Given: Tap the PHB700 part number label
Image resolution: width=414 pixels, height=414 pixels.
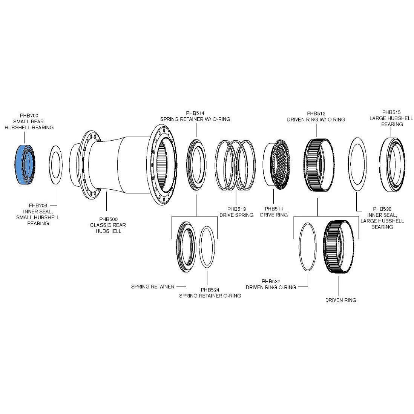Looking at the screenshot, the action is click(29, 116).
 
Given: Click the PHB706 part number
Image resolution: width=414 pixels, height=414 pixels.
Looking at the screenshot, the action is click(38, 205).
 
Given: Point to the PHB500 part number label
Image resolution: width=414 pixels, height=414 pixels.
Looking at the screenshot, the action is click(108, 219).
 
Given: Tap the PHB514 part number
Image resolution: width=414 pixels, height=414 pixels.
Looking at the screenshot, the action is click(195, 113).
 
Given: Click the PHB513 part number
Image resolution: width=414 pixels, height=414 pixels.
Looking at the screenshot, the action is click(236, 209).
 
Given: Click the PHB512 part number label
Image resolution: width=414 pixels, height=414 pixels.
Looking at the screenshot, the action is click(316, 113).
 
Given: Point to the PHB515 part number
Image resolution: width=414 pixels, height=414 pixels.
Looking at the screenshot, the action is click(391, 112).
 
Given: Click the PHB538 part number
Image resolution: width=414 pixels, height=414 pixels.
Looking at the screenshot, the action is click(382, 209).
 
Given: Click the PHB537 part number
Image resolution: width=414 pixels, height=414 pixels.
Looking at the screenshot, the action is click(271, 281).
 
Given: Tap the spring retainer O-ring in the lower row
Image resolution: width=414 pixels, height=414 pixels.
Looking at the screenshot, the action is click(200, 247).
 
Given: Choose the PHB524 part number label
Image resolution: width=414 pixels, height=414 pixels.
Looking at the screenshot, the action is click(210, 290).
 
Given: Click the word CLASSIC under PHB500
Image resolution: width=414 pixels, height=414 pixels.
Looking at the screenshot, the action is click(100, 225).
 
